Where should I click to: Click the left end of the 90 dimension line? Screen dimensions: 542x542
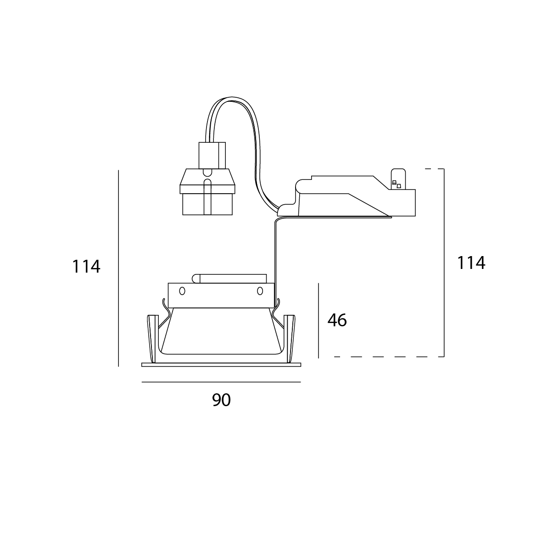click(142, 382)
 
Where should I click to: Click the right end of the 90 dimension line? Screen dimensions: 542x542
click(301, 382)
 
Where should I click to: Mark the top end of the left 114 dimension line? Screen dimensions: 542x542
click(118, 170)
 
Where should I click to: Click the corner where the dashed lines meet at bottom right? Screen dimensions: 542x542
click(443, 357)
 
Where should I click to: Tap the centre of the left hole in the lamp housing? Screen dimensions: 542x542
click(182, 291)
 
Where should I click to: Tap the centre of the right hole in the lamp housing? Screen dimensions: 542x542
click(260, 291)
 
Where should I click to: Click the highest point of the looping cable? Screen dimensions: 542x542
click(232, 97)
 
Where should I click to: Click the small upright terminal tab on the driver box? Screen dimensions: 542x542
click(398, 179)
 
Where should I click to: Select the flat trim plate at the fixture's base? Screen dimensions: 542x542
click(221, 364)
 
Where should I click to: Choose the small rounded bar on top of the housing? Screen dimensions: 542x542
click(229, 279)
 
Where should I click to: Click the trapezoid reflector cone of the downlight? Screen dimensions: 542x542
click(221, 331)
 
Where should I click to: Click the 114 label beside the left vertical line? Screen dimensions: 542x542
click(86, 267)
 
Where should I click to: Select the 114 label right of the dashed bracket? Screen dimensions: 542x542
click(471, 263)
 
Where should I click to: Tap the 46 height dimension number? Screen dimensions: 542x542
click(337, 320)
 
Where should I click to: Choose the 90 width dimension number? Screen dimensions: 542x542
click(221, 400)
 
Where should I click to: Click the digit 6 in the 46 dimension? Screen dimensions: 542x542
click(342, 320)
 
